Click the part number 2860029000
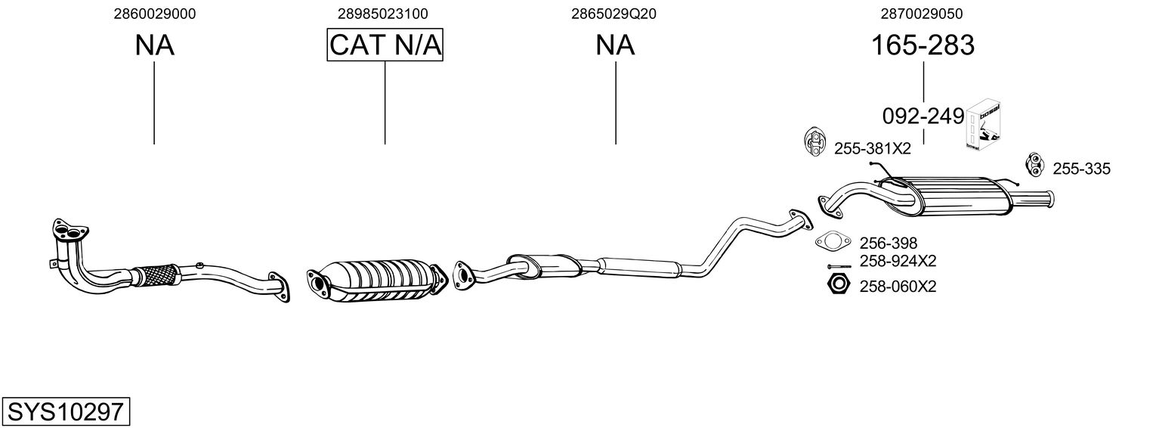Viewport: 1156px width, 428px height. coord(155,14)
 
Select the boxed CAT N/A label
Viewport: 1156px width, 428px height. coord(385,45)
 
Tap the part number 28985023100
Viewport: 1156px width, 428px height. coord(383,14)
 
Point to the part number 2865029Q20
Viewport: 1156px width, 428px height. coord(614,14)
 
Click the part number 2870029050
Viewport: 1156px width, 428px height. coord(922,14)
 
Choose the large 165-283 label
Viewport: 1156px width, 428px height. coord(923,45)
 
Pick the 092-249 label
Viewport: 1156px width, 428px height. coord(923,116)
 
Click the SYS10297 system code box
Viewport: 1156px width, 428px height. coord(65,411)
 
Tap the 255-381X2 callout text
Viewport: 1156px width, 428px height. coord(872,149)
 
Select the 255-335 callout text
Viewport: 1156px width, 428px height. coord(1081,169)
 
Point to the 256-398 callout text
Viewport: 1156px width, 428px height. coord(888,243)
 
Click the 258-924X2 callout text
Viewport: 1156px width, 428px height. coord(898,262)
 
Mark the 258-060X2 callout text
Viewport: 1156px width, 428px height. coord(898,287)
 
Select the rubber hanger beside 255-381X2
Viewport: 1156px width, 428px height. coord(814,142)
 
